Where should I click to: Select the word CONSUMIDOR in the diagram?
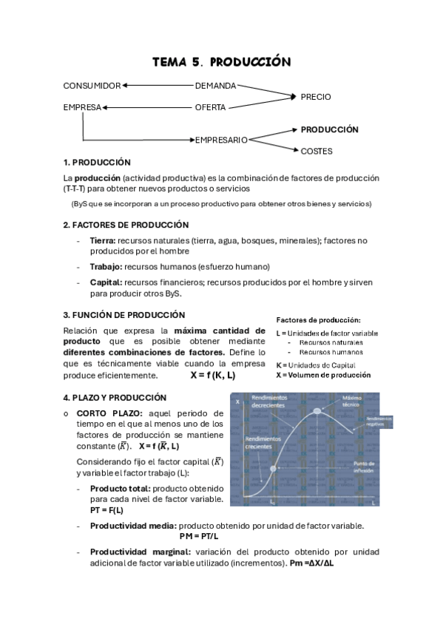coord(92,86)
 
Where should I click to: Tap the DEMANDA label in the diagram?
coord(215,86)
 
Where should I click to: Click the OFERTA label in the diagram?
coord(210,107)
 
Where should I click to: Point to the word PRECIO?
coord(316,97)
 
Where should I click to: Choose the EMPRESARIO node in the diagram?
coord(221,139)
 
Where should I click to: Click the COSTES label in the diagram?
coord(317,151)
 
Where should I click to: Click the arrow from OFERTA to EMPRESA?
coord(147,107)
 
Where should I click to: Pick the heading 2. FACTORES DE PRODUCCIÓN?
coord(126,224)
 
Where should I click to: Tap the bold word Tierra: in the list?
coord(103,240)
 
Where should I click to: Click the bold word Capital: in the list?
coord(106,282)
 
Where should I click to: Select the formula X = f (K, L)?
coord(212,375)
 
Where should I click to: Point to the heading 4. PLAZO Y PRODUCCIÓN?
coord(114,397)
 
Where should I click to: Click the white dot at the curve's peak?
coord(317,410)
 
